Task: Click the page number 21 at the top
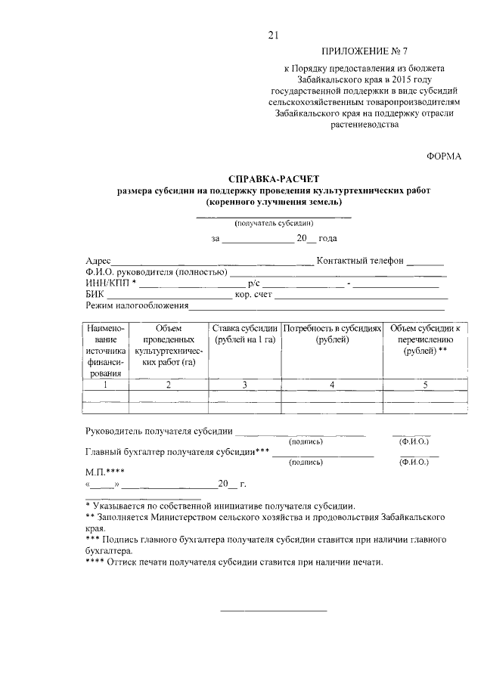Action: pyautogui.click(x=274, y=34)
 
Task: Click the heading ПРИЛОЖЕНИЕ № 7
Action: pyautogui.click(x=365, y=52)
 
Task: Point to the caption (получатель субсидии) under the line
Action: pyautogui.click(x=274, y=224)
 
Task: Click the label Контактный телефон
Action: pyautogui.click(x=360, y=261)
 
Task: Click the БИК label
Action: pyautogui.click(x=95, y=295)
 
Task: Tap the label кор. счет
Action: pyautogui.click(x=253, y=295)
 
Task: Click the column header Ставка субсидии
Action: pyautogui.click(x=244, y=333)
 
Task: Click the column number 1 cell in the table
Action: pyautogui.click(x=106, y=385)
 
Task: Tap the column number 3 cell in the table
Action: pyautogui.click(x=244, y=385)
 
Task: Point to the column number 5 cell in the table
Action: pyautogui.click(x=425, y=385)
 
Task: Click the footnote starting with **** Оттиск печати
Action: pyautogui.click(x=235, y=563)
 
